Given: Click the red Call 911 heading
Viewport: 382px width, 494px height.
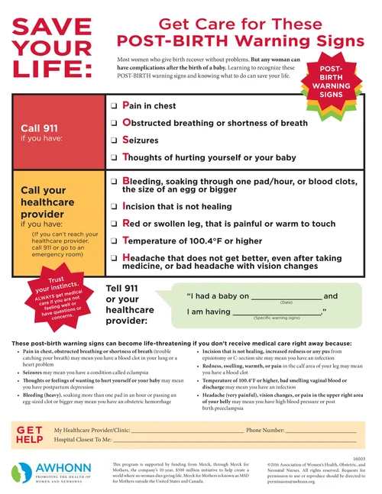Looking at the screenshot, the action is coord(43,128).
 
